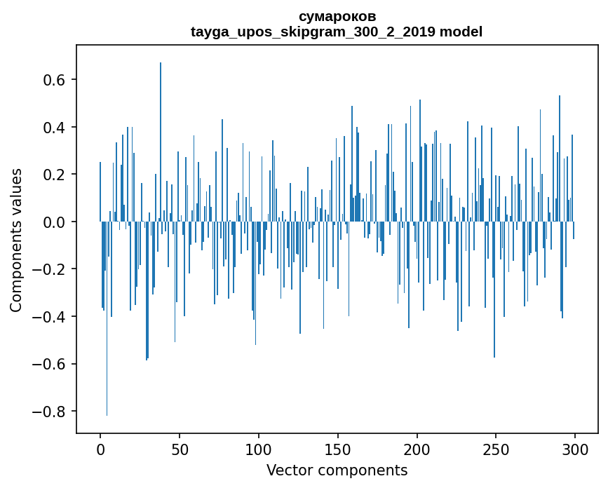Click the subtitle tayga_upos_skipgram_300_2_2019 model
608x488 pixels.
(337, 32)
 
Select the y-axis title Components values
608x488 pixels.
(15, 240)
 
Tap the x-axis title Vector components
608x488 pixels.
(337, 470)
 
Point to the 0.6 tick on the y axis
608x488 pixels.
(55, 80)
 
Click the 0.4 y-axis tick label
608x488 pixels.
(55, 128)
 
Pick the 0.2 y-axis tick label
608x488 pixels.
(55, 175)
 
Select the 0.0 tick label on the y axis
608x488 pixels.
(55, 222)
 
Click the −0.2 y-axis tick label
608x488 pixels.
(50, 269)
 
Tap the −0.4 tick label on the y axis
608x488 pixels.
(50, 317)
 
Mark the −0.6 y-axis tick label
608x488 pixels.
(50, 364)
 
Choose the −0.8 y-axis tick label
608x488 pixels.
(50, 412)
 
